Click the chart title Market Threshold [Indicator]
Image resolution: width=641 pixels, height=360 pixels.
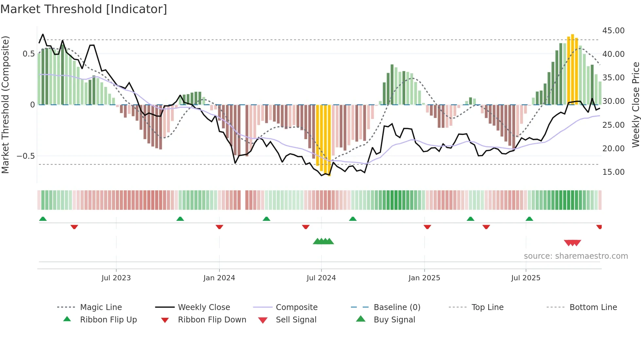(x=84, y=9)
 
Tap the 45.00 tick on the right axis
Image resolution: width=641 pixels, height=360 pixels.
(x=613, y=30)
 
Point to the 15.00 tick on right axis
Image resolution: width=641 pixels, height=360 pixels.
(x=613, y=172)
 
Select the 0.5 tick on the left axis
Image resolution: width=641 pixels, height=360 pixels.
(x=28, y=54)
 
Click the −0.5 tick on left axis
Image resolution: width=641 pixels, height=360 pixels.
(x=26, y=156)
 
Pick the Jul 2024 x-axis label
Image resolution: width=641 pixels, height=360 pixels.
(x=321, y=278)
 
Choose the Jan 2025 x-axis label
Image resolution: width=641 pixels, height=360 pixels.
(x=424, y=278)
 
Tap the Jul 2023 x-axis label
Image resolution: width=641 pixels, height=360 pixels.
(x=116, y=278)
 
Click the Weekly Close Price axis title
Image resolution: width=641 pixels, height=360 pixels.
(x=635, y=105)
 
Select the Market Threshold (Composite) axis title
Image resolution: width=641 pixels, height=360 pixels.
(x=5, y=105)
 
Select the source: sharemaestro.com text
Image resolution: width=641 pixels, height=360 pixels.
(x=576, y=256)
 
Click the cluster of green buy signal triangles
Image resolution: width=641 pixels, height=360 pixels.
(x=323, y=241)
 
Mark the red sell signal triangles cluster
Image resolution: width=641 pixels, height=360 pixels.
(x=572, y=243)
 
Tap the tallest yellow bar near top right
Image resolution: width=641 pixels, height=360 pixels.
(x=572, y=69)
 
